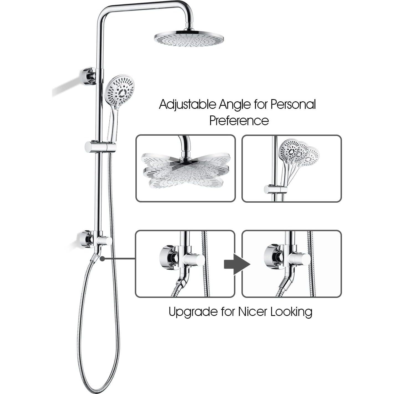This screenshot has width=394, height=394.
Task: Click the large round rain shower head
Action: (189, 39)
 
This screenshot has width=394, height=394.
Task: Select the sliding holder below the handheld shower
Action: (100, 147)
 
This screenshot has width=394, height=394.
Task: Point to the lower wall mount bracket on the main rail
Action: (87, 239)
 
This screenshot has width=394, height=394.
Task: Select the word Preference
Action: (239, 121)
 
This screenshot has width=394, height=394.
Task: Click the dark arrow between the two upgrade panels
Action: (236, 264)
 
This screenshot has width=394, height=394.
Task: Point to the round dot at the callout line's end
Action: (102, 259)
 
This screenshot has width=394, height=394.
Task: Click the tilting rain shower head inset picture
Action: (186, 168)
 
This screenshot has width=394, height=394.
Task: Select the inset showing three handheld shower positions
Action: (292, 168)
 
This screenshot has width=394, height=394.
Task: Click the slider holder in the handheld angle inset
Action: (276, 190)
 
